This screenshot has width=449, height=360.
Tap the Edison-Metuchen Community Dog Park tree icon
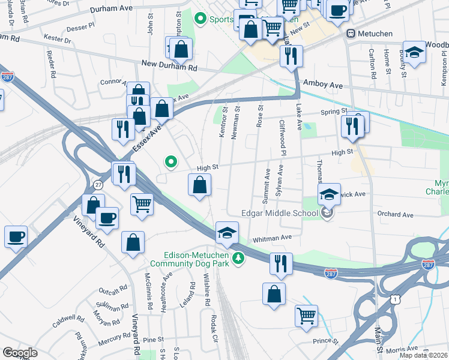point(239,258)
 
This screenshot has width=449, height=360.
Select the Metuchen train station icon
point(352,34)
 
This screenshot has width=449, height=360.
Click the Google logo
point(19,353)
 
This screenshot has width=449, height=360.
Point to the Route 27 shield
point(97,185)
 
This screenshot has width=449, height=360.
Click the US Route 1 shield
point(394,298)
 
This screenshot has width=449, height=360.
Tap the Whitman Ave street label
point(272,238)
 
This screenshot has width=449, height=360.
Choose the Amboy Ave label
point(323,85)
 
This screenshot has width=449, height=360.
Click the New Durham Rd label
point(169,65)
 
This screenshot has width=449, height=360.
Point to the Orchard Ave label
point(395,214)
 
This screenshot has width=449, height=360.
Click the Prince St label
point(326,341)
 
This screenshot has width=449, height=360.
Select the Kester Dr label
point(58,40)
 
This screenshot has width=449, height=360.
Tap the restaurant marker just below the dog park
point(280,264)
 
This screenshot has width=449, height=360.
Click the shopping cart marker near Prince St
point(307,315)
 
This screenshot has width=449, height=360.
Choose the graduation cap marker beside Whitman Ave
point(227,233)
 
